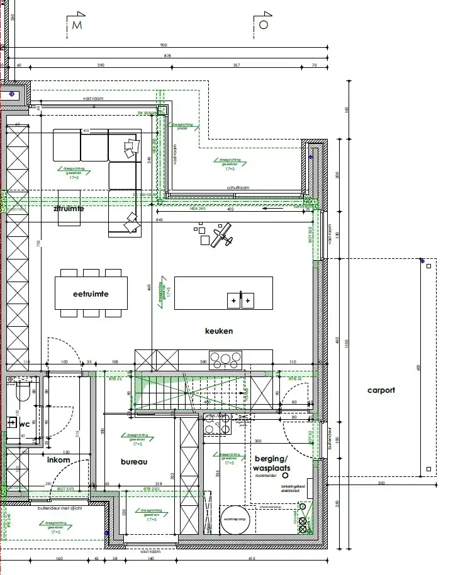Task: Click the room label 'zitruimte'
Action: [69, 209]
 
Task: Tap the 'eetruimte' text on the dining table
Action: [91, 293]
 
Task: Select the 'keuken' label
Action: [219, 331]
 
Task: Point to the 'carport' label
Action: [381, 390]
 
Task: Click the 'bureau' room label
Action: [133, 461]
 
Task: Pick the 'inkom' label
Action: [59, 460]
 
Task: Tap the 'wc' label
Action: [24, 424]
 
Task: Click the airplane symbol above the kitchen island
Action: [221, 238]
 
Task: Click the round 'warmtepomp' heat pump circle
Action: [235, 518]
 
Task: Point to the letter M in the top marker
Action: [77, 25]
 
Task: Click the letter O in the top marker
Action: [264, 25]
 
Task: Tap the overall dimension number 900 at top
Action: [164, 45]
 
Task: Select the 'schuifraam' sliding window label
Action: [238, 189]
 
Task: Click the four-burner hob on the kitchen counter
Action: [225, 359]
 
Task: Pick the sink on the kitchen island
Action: [241, 301]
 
